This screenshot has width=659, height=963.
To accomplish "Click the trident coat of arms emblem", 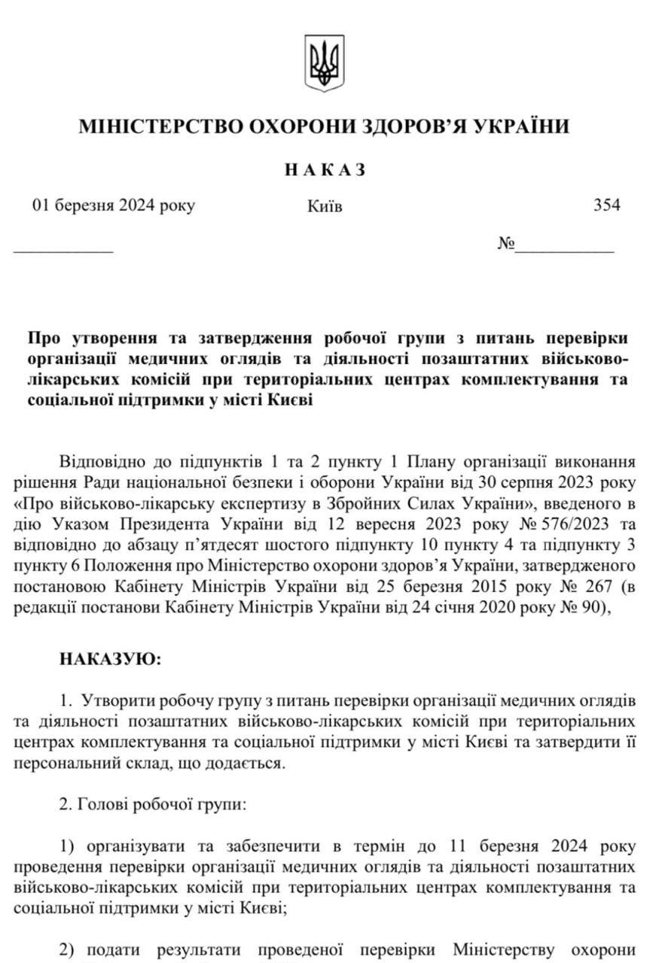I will click(324, 62).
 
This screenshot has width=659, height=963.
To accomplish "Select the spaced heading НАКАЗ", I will click(325, 170).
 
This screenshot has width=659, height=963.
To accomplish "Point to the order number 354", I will click(607, 205).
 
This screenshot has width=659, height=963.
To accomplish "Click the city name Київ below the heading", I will click(325, 206).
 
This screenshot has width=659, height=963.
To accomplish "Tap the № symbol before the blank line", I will click(505, 244).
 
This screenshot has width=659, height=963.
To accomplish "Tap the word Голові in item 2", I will click(103, 804).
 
